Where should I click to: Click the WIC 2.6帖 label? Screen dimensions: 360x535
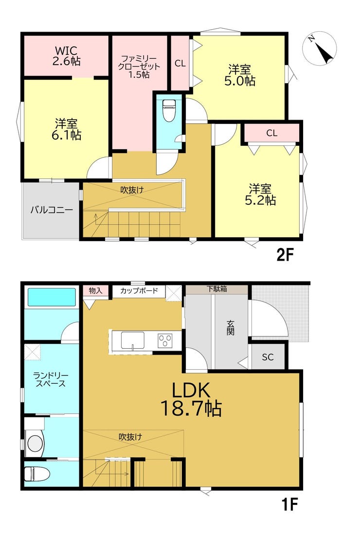pos(67,56)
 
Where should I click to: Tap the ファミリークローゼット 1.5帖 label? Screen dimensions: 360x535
pos(139,66)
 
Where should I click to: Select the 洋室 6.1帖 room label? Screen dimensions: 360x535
pos(66,129)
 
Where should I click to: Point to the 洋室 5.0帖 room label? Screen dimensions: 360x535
pos(239,75)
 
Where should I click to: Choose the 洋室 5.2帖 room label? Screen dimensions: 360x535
pos(260,194)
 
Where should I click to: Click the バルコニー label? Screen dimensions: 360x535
pos(52,210)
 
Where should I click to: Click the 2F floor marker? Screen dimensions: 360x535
pos(285,255)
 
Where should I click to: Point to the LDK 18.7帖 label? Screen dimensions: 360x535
pos(191,399)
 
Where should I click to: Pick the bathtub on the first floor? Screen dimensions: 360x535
pos(52,297)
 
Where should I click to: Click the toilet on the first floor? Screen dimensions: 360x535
pos(37,474)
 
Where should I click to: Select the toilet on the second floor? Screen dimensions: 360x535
pos(168,110)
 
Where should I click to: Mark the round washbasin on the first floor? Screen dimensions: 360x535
pos(35,444)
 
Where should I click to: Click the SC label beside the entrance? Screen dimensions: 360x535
pos(268,357)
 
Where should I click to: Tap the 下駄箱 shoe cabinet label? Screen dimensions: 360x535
pos(216,288)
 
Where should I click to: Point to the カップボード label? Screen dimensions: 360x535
pos(139,291)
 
